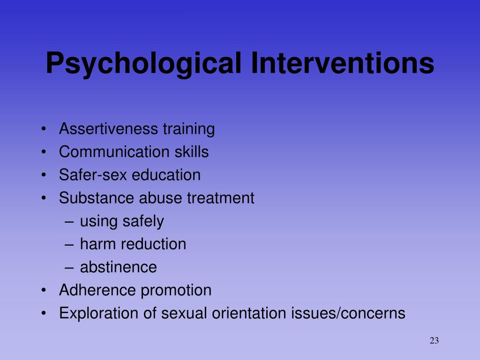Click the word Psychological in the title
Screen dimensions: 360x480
[143, 64]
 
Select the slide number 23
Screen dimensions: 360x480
[434, 341]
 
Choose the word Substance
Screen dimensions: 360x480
[96, 198]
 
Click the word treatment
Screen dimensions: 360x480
[221, 198]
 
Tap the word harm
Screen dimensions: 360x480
[98, 244]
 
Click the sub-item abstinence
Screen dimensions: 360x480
[119, 267]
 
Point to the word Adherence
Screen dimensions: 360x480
[97, 290]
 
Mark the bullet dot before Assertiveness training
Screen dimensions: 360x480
[44, 129]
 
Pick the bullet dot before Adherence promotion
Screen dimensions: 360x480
[44, 291]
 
